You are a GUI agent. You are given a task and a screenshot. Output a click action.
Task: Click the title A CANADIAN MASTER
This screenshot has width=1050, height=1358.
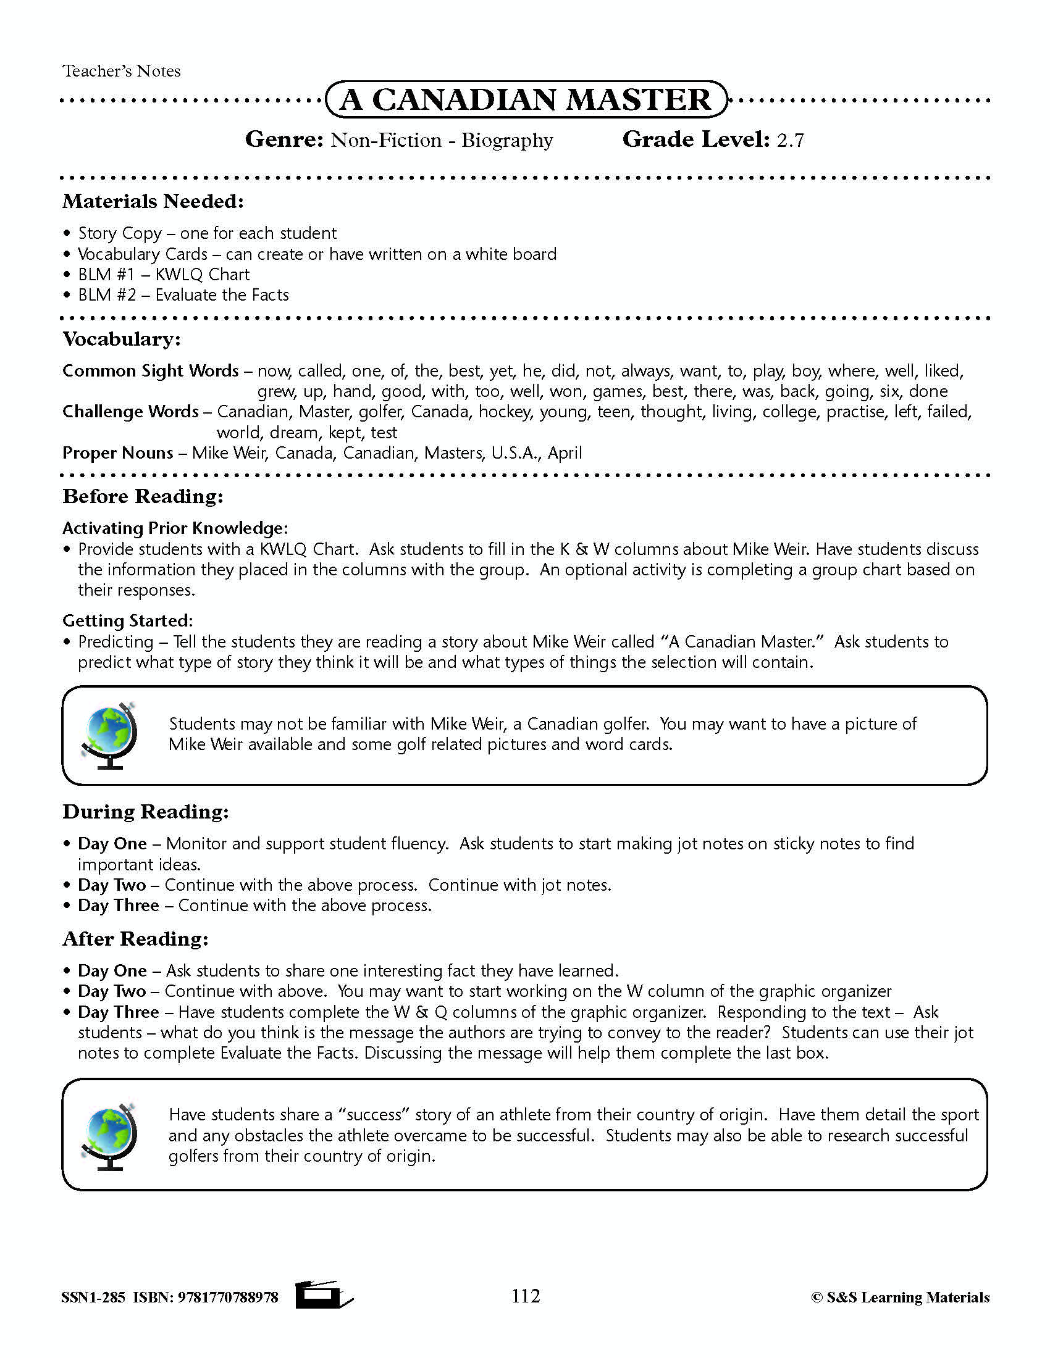coord(526,99)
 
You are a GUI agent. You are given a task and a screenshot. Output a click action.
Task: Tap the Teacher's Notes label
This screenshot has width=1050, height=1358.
coord(121,71)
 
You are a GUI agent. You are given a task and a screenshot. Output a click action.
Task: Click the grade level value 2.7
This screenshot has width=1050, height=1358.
coord(790,141)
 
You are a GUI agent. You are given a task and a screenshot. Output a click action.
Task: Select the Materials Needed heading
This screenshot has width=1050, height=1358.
coord(153,201)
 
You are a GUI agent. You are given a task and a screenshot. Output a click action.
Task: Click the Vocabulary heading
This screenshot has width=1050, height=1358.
coord(121,339)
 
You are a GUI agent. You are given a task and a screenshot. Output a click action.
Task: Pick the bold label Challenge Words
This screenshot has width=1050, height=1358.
coord(130,412)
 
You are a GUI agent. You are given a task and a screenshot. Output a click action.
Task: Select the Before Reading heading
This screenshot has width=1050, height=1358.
coord(143,496)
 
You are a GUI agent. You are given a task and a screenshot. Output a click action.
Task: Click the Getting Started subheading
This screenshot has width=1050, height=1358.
coord(127,620)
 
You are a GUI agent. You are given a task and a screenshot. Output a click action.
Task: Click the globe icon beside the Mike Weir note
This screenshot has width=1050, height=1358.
coord(109,735)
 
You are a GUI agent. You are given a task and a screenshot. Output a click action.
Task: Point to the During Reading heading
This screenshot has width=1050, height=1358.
coord(146,812)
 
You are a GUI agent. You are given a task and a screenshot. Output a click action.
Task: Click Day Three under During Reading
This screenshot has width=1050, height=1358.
coord(118,906)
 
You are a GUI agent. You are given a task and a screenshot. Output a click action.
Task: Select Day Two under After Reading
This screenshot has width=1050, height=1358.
coord(112,991)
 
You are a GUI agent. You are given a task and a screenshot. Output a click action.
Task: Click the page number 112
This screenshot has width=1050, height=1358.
coord(526,1296)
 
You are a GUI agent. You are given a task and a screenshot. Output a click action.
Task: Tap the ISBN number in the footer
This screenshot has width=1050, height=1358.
coord(228,1298)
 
